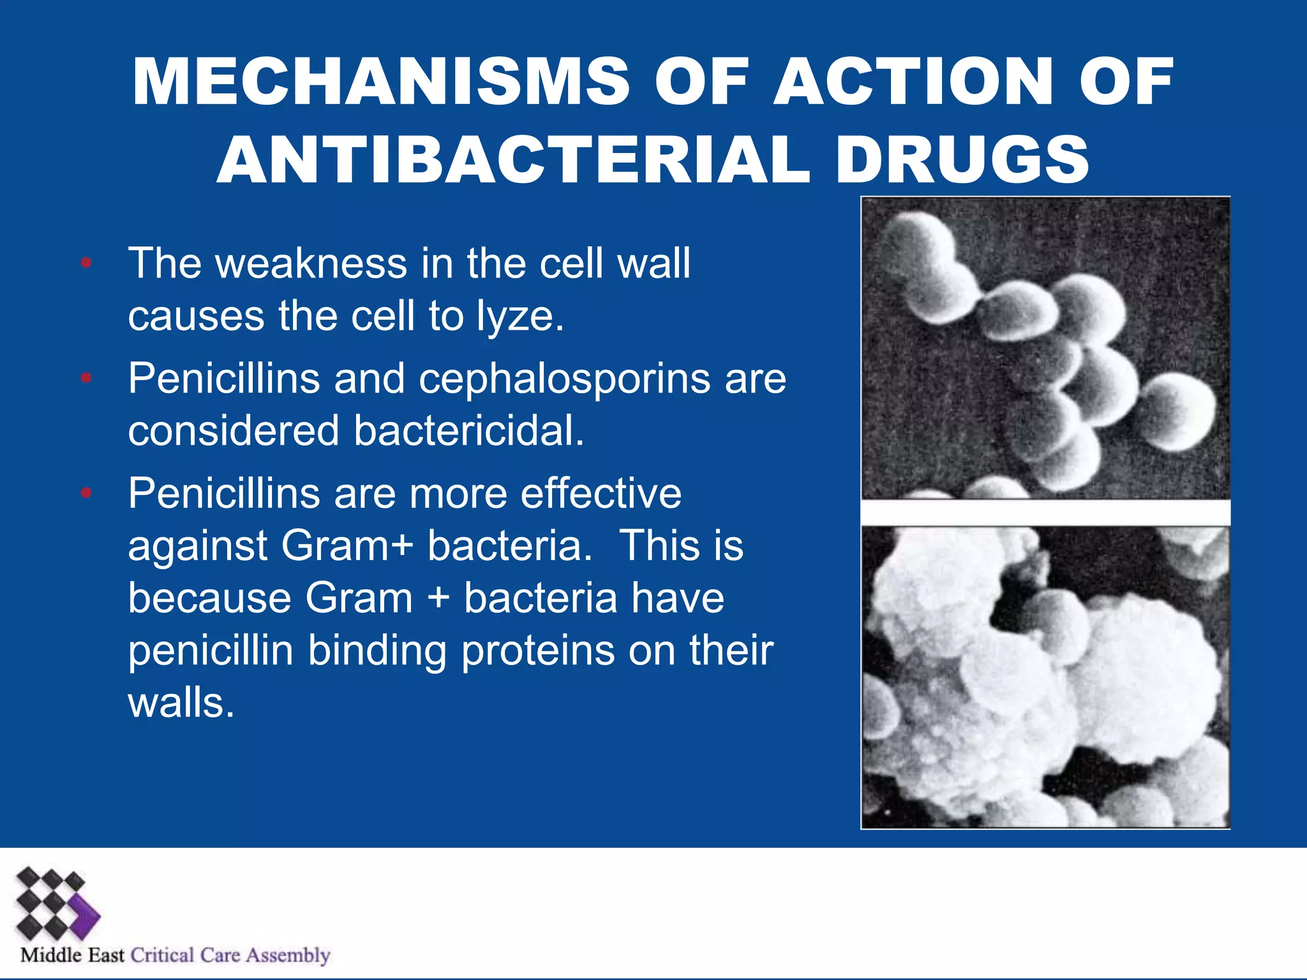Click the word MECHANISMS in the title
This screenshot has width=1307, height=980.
380,82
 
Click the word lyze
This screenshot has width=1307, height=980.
519,316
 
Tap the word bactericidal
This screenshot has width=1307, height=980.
469,431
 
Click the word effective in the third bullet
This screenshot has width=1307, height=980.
601,493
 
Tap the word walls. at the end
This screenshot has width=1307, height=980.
181,703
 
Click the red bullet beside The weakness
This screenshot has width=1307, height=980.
87,263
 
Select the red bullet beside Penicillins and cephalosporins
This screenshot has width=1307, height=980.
87,378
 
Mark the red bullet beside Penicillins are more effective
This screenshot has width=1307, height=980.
87,493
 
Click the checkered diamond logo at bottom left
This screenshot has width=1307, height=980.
56,905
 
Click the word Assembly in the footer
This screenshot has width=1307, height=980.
288,955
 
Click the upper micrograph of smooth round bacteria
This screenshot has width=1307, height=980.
1045,348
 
